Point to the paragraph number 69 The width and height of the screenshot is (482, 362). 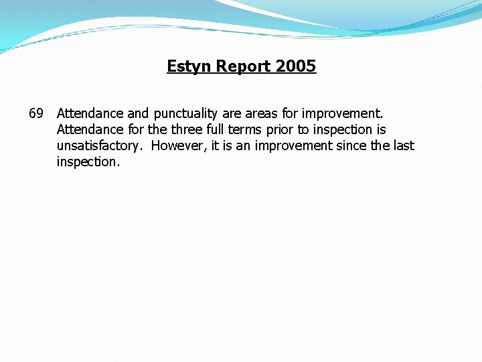click(x=36, y=113)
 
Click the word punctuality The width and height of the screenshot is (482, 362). click(x=185, y=113)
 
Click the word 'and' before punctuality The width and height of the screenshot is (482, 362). click(x=138, y=113)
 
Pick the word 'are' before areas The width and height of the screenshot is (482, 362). click(x=231, y=113)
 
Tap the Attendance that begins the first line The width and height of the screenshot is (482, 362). click(x=90, y=113)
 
